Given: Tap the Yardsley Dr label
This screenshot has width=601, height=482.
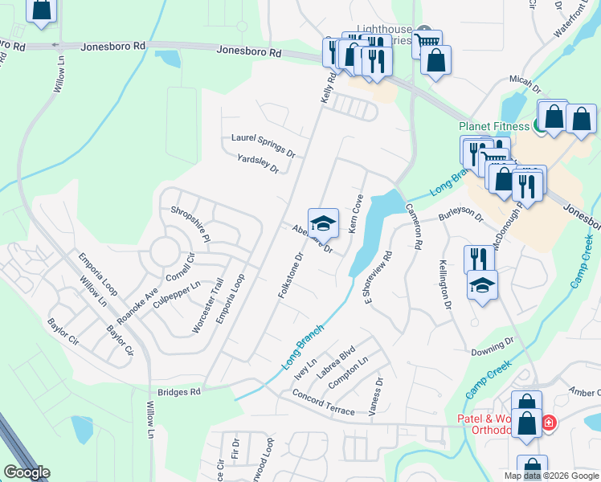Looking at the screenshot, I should (x=257, y=164).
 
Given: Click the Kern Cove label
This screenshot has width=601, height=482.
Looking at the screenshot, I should (x=356, y=214).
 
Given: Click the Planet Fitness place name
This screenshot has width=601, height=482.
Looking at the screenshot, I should (x=496, y=126).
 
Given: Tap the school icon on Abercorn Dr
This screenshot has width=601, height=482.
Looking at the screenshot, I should (x=323, y=223).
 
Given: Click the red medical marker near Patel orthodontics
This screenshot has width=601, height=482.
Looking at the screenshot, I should (x=548, y=422).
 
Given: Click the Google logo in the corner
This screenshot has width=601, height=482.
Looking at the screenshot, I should (x=27, y=472).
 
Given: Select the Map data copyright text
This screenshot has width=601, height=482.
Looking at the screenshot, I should (x=551, y=476).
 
